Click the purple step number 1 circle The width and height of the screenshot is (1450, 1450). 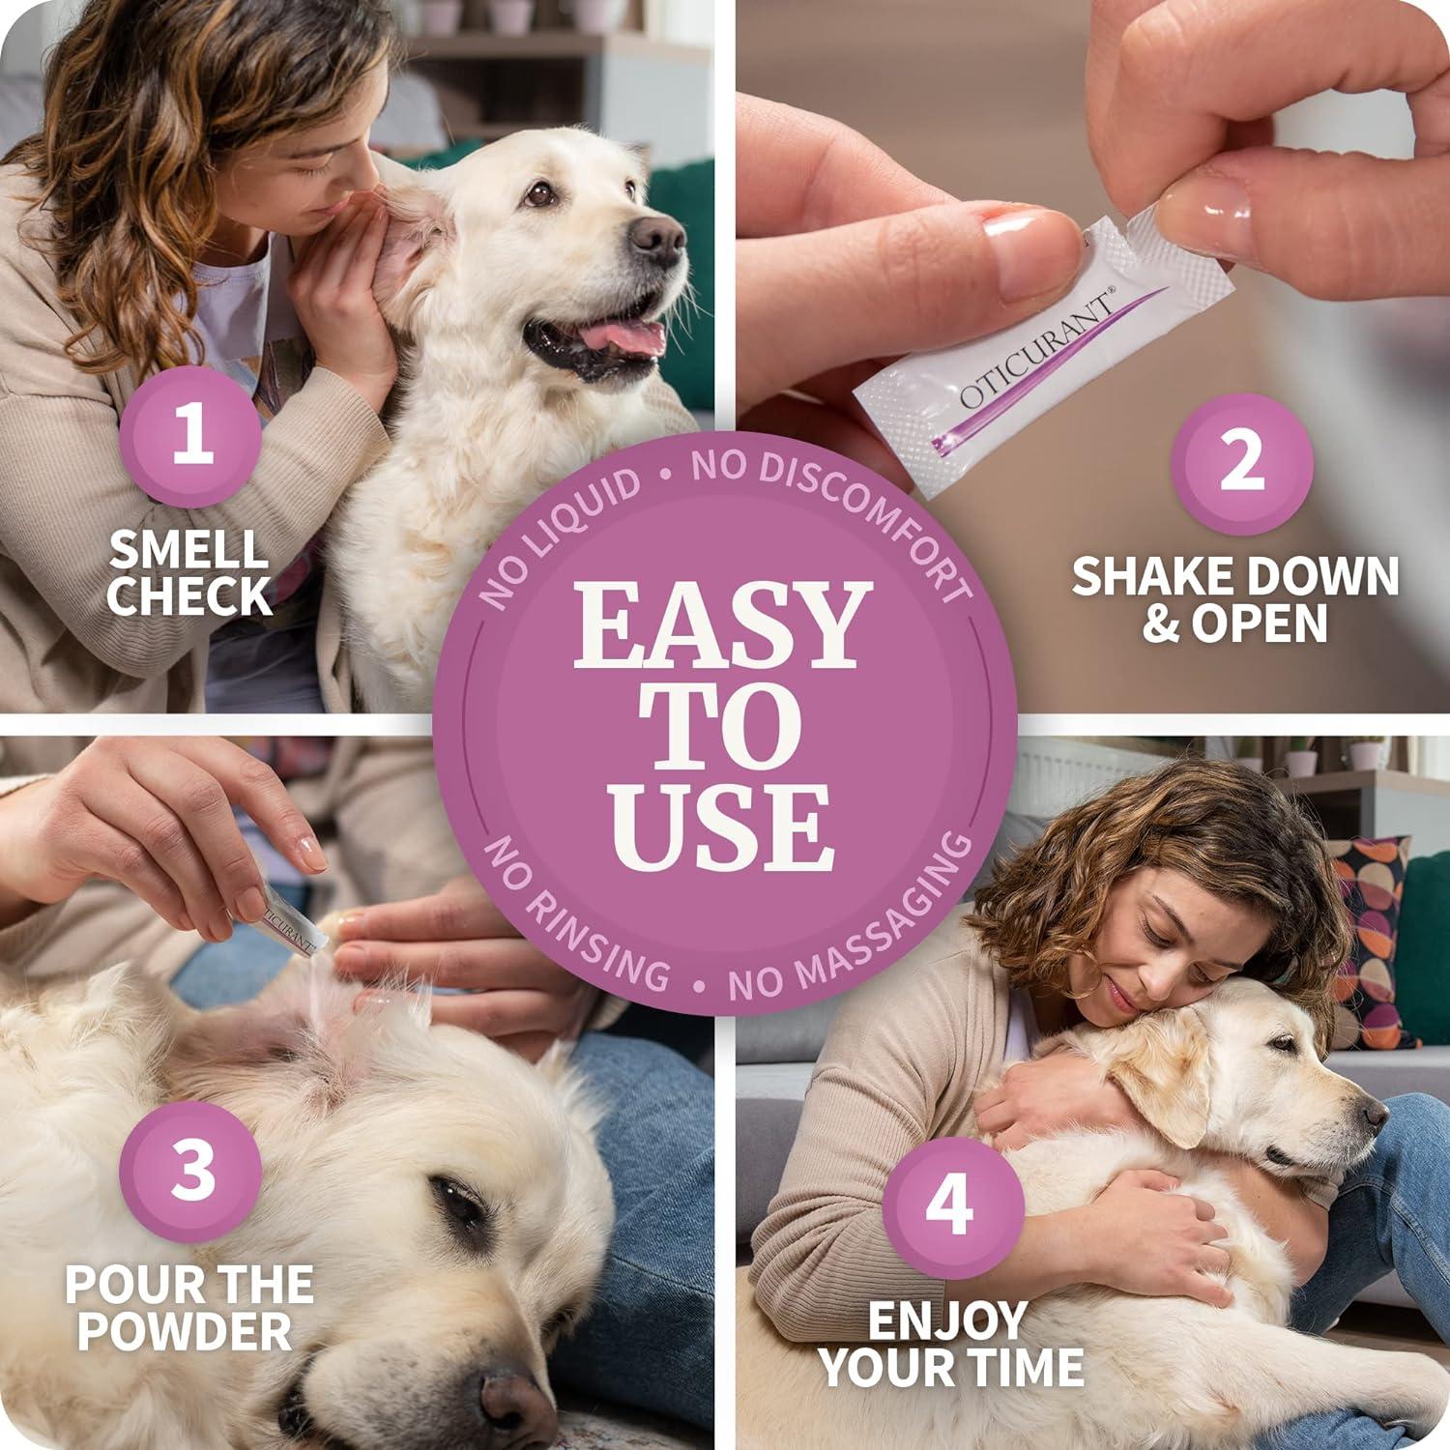click(x=191, y=436)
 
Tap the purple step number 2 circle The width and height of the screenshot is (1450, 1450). click(x=1241, y=462)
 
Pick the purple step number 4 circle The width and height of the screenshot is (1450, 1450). click(x=952, y=1205)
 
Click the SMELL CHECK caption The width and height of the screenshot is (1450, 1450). click(x=188, y=573)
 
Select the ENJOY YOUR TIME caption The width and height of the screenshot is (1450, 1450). click(x=952, y=1343)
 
